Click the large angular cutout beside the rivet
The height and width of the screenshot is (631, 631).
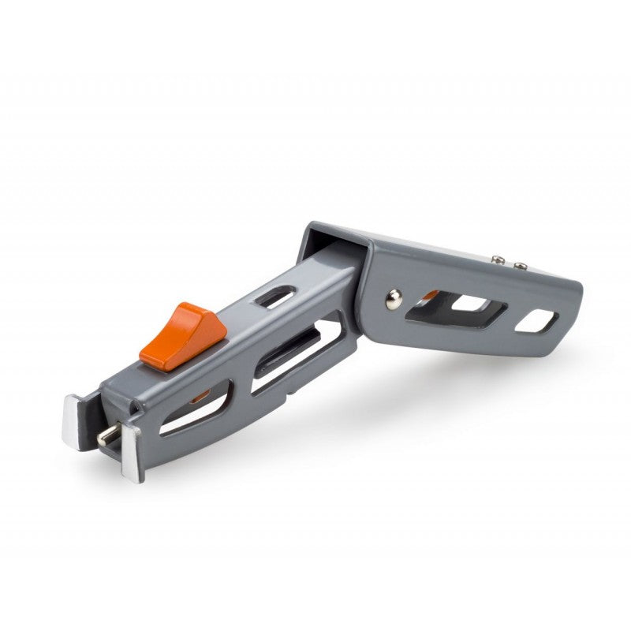[457, 308]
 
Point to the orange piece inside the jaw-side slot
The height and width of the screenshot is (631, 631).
[201, 394]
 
